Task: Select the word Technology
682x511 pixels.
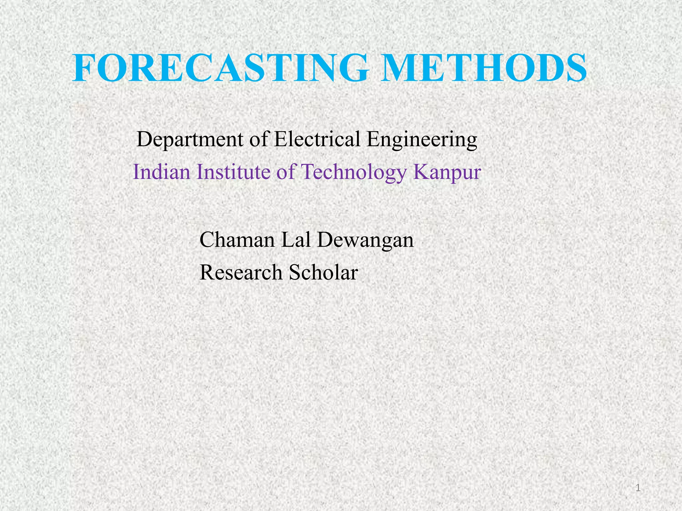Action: pos(354,173)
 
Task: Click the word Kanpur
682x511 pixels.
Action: pos(447,173)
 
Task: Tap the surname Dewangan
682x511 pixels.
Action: pos(365,240)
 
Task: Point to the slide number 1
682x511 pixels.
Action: pos(638,488)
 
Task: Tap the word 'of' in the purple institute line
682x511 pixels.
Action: pos(286,172)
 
